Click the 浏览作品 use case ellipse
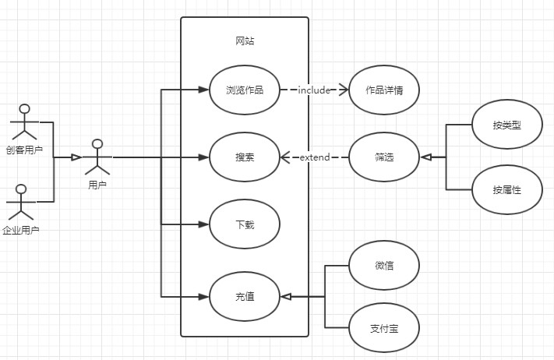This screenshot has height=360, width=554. click(244, 90)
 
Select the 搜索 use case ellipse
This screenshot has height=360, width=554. click(244, 157)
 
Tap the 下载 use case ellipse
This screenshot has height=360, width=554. click(244, 224)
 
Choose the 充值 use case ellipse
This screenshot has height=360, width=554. click(244, 296)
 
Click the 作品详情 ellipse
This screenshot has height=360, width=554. click(384, 90)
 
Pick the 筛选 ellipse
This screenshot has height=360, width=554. click(384, 157)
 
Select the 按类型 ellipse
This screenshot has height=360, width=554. click(506, 125)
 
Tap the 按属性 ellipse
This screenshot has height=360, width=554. click(506, 189)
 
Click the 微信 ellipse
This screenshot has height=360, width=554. click(384, 265)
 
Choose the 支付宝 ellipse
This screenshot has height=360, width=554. click(384, 327)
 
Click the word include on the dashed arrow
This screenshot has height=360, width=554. click(315, 90)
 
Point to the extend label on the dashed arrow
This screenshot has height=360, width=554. click(314, 158)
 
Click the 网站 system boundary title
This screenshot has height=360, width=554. click(244, 41)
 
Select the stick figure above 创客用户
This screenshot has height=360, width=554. click(23, 122)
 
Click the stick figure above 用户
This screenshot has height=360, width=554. click(97, 157)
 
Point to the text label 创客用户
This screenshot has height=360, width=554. click(24, 150)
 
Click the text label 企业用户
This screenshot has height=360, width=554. click(21, 230)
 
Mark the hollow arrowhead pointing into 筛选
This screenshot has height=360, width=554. click(425, 157)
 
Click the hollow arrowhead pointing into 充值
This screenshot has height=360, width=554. click(285, 296)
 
